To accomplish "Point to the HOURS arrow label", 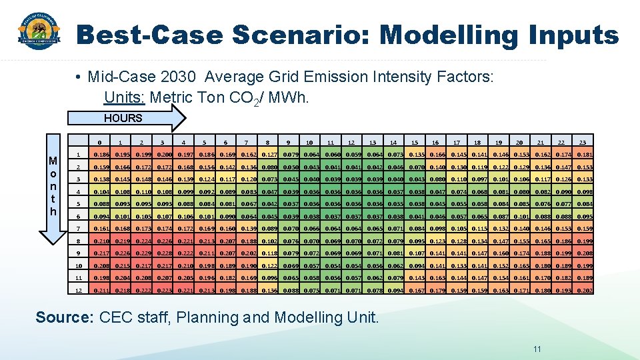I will [x=123, y=118].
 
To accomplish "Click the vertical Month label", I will [x=53, y=186].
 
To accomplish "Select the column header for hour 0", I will [x=99, y=142].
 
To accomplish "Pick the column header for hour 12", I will [x=351, y=142].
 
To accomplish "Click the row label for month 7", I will [x=78, y=229].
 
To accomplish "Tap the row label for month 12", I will [x=78, y=290].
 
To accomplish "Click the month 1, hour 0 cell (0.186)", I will [x=99, y=155].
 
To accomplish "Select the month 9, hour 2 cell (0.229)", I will [x=141, y=253].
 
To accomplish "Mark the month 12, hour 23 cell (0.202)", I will [x=583, y=290].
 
